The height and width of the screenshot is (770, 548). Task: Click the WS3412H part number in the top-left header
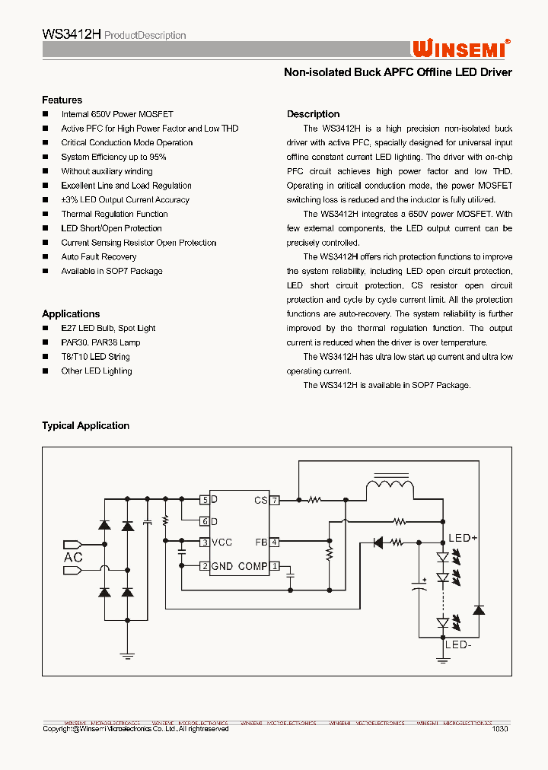[x=71, y=34]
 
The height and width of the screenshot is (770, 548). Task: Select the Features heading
[x=62, y=100]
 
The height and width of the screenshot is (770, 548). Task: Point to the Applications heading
[x=71, y=313]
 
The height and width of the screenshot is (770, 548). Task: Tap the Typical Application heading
[x=85, y=425]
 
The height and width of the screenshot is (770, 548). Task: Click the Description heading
[x=313, y=114]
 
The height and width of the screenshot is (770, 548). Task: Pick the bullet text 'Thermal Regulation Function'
[x=114, y=214]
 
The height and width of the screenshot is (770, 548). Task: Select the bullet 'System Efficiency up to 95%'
[x=113, y=157]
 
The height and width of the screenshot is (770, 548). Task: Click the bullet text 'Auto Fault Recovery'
[x=99, y=256]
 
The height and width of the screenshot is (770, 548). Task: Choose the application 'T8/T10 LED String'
[x=95, y=357]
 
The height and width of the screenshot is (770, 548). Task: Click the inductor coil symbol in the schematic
[x=390, y=486]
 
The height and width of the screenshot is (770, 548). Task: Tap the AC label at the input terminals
[x=74, y=557]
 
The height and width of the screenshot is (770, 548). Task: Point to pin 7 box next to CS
[x=275, y=500]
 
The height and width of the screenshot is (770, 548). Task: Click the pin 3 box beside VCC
[x=205, y=542]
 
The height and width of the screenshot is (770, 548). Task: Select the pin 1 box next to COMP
[x=275, y=566]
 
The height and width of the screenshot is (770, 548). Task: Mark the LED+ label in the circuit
[x=462, y=538]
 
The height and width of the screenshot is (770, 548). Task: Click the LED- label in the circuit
[x=460, y=644]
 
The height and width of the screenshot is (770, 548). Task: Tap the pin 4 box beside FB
[x=275, y=542]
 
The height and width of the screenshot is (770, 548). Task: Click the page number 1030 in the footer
[x=500, y=728]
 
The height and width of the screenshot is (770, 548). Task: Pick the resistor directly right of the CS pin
[x=314, y=500]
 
